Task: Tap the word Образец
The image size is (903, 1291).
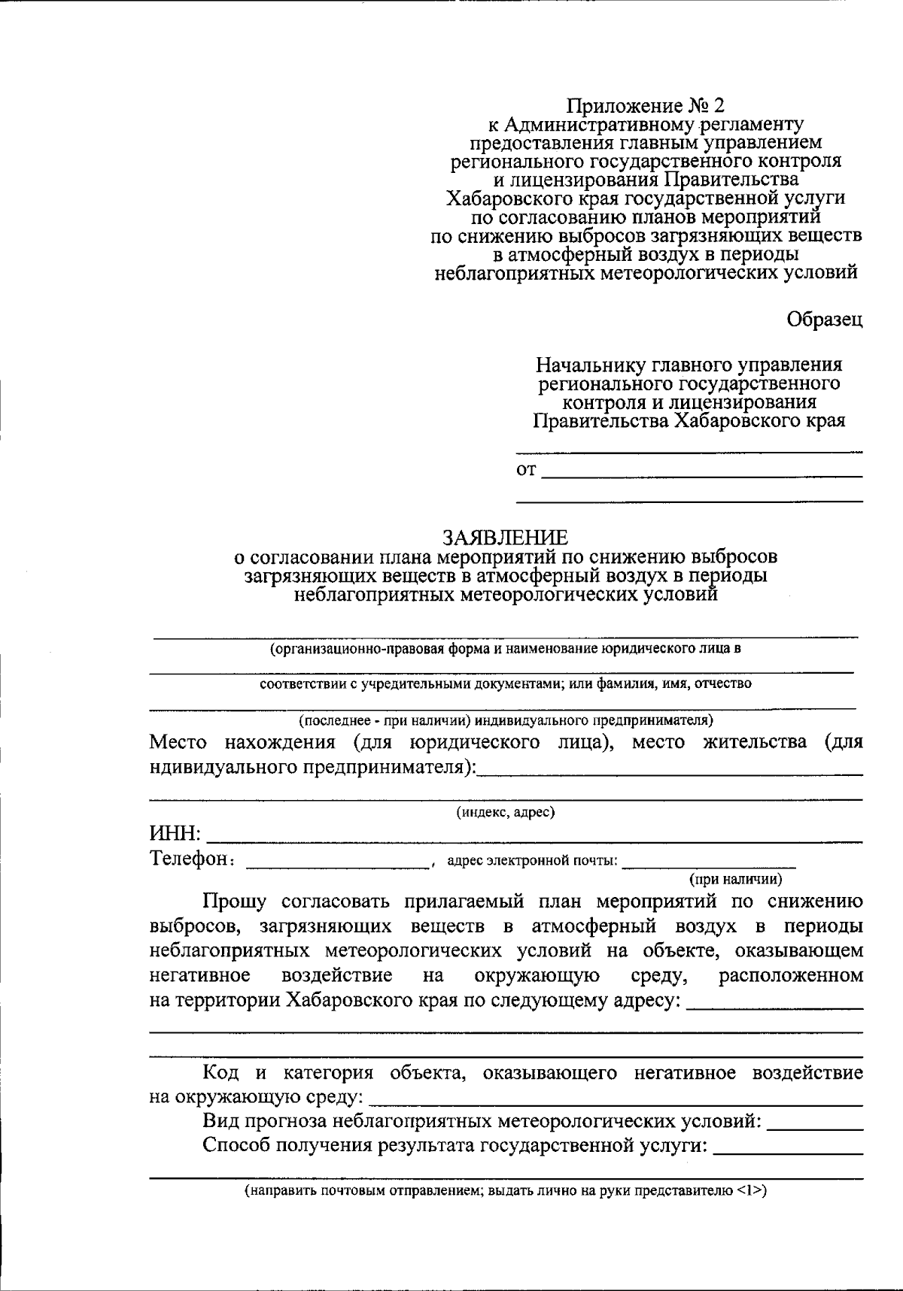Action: pyautogui.click(x=824, y=319)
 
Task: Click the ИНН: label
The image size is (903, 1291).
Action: pyautogui.click(x=175, y=833)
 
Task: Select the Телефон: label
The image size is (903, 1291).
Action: pyautogui.click(x=192, y=859)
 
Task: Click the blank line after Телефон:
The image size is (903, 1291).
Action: pyautogui.click(x=337, y=865)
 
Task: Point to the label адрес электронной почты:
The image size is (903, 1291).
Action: pyautogui.click(x=532, y=861)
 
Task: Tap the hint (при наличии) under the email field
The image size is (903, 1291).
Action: pyautogui.click(x=736, y=878)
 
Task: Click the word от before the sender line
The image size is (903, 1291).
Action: pyautogui.click(x=526, y=471)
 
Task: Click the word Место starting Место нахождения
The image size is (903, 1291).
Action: pyautogui.click(x=178, y=742)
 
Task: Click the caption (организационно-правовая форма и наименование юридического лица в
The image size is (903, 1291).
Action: pyautogui.click(x=506, y=648)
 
